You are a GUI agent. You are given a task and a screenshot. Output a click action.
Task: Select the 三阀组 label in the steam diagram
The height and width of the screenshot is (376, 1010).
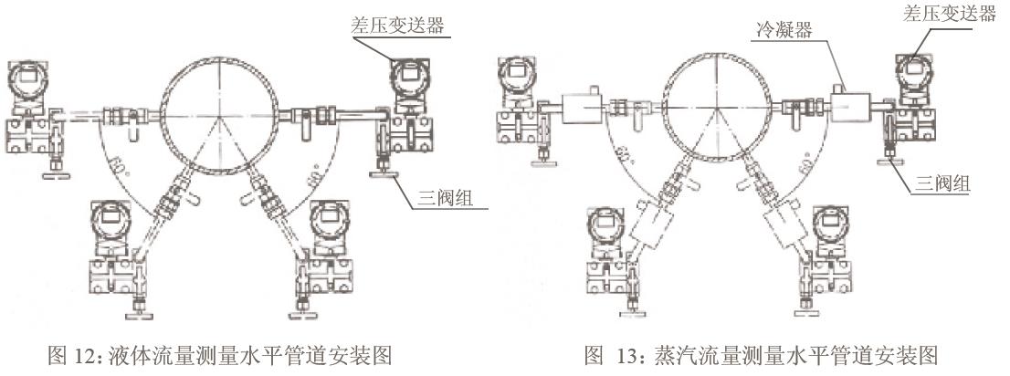coord(943,183)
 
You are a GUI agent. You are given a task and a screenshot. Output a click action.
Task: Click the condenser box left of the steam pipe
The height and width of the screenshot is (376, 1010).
coord(584,111)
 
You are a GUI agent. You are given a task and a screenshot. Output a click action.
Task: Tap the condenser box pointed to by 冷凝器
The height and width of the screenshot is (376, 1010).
coord(849,109)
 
